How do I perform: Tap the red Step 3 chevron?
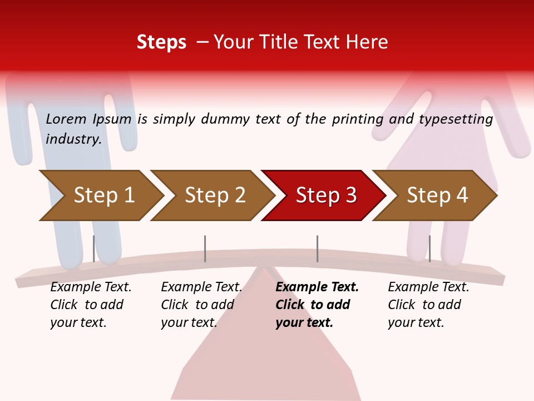(326, 195)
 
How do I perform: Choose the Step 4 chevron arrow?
(437, 195)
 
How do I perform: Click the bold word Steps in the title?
(161, 42)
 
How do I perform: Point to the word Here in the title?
(367, 42)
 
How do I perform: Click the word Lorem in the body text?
(66, 119)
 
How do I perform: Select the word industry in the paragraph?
(73, 139)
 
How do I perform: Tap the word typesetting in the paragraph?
(456, 119)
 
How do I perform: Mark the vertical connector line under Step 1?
(93, 248)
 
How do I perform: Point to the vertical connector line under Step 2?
(205, 248)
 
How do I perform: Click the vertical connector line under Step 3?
(317, 248)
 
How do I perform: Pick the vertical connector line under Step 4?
(429, 248)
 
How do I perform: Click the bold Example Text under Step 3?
(317, 287)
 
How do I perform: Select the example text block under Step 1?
(91, 305)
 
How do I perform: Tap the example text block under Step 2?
(201, 305)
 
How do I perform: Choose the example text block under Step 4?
(428, 305)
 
